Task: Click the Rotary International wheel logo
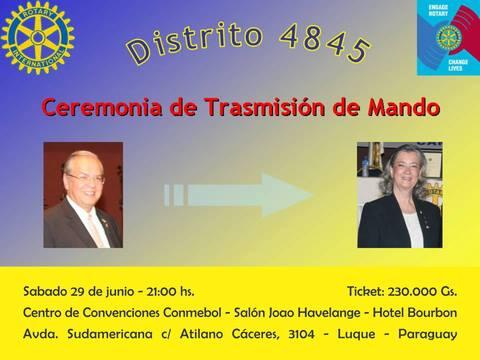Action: pos(38,38)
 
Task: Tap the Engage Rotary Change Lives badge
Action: pos(447,38)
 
